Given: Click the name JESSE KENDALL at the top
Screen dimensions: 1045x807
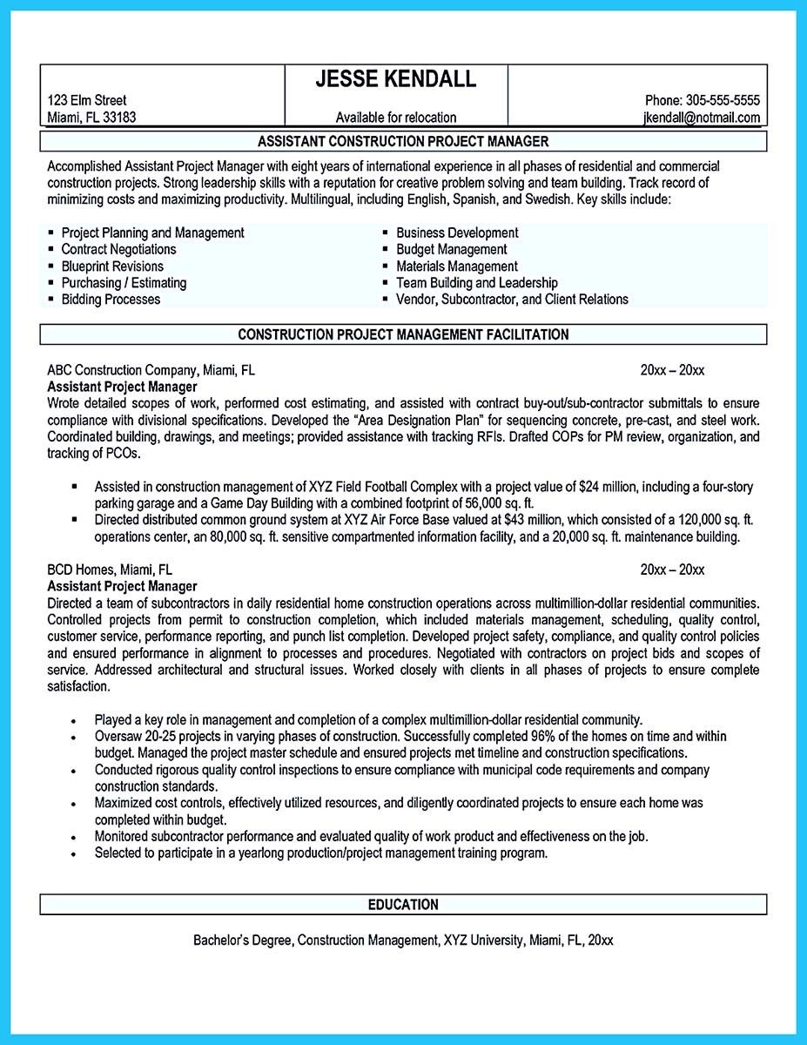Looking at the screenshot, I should pos(395,79).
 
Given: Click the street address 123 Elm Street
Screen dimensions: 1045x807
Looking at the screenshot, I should pos(86,100).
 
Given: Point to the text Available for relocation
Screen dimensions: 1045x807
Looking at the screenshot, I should pos(395,118).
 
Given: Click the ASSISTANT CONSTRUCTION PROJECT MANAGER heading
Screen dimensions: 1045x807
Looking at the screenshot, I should pos(403,141).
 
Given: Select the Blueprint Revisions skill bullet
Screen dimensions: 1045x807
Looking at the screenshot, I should pos(111,266).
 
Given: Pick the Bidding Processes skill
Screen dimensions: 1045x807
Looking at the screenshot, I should pos(111,299).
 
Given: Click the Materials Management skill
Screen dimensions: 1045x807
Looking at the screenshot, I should pos(456,266).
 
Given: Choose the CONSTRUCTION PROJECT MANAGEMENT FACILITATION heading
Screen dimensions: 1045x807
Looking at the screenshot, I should pos(403,334).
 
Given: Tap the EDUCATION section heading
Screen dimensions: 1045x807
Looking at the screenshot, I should pos(403,905).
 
